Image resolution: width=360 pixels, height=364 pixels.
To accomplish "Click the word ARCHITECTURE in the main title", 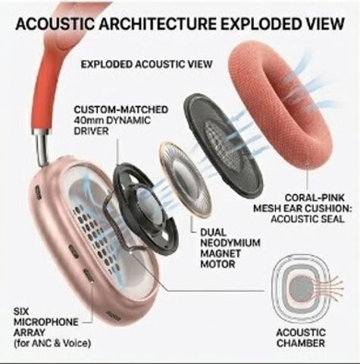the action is pos(158,24).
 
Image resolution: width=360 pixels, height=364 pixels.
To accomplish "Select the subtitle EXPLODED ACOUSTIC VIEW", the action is pos(146,64).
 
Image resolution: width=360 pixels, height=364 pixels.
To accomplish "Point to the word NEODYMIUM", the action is pos(230,243).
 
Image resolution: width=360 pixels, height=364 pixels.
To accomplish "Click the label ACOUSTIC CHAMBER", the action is pos(301,337).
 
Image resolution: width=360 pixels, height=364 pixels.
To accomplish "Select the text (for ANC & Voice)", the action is pos(52,344).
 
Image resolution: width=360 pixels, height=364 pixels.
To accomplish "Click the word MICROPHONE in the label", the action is pos(46,322).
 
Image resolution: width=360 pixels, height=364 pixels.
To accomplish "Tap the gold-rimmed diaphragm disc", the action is pos(185,180).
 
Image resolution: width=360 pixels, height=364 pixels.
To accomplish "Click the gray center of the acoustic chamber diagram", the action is pos(301,287).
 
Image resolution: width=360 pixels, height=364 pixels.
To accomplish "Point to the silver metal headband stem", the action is pos(41,149).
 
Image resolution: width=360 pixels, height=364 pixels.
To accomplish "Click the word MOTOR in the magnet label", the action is pos(218,264).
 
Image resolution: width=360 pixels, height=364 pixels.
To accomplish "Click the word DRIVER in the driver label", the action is pos(91,131).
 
